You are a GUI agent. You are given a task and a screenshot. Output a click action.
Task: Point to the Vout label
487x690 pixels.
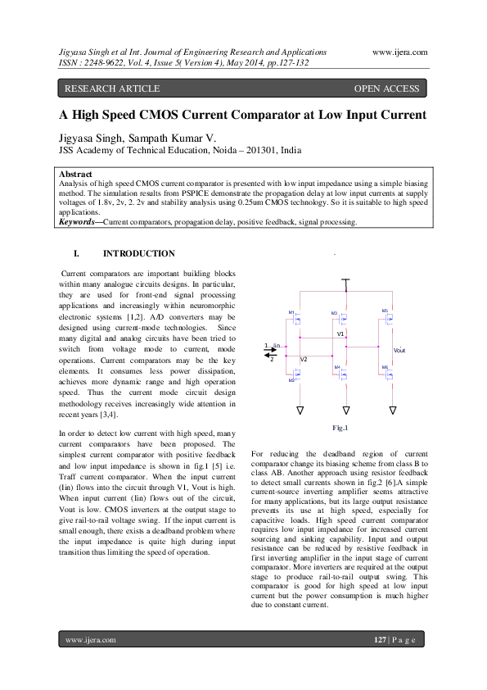click(x=399, y=350)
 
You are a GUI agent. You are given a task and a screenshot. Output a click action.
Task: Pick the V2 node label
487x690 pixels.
click(x=304, y=360)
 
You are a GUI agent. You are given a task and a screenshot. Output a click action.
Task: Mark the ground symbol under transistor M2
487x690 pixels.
click(x=300, y=410)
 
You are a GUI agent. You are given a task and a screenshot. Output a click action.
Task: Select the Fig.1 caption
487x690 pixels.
click(x=340, y=428)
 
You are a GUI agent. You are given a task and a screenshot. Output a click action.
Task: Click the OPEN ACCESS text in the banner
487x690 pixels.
click(x=386, y=89)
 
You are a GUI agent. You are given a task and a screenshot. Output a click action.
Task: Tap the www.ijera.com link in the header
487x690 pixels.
click(x=399, y=51)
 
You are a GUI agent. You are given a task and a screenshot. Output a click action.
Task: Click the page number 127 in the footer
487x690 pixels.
click(x=380, y=639)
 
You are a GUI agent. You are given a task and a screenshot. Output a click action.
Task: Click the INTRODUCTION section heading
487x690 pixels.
click(x=138, y=254)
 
